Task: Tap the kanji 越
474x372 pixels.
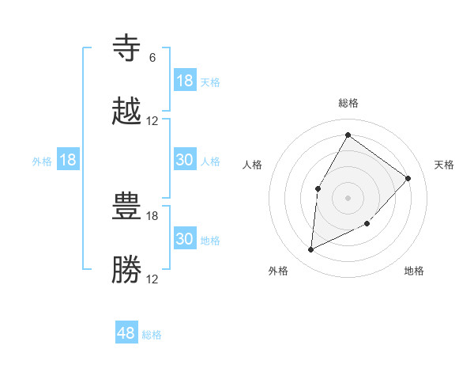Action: point(127,112)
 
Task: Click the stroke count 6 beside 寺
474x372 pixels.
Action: point(152,58)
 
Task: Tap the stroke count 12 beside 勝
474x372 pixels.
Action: point(152,279)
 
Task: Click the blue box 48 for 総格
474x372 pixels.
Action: point(126,333)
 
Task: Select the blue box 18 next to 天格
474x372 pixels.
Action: point(185,81)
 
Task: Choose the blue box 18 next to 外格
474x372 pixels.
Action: point(68,160)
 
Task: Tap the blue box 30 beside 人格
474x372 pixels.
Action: point(185,160)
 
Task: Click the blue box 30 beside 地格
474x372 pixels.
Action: point(185,239)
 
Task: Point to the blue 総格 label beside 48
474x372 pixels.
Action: point(152,335)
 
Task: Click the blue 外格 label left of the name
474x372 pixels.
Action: point(42,161)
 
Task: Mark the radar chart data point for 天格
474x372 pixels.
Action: point(408,178)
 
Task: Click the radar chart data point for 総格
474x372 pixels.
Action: point(348,135)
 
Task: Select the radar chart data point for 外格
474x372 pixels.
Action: point(310,250)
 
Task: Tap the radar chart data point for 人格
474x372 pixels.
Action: point(318,188)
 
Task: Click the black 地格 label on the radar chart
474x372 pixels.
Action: point(414,271)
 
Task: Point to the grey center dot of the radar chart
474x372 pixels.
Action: point(348,197)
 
